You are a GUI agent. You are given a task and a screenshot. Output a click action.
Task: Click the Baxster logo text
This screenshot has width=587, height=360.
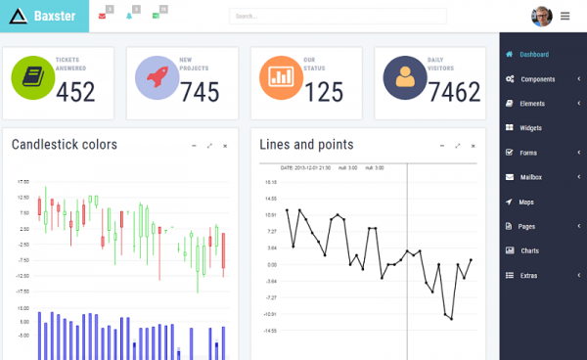pyautogui.click(x=55, y=16)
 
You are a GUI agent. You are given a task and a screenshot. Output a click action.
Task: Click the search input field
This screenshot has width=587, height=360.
pyautogui.click(x=338, y=16)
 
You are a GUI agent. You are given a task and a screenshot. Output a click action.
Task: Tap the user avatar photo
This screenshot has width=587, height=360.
pyautogui.click(x=541, y=16)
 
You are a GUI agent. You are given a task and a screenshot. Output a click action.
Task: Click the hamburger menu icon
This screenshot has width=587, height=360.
pyautogui.click(x=565, y=16)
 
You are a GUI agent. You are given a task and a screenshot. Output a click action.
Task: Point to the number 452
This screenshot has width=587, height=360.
pyautogui.click(x=75, y=92)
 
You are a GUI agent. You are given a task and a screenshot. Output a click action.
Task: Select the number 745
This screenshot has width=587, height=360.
pyautogui.click(x=200, y=92)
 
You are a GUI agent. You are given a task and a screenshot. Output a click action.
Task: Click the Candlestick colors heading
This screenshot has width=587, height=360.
pyautogui.click(x=64, y=145)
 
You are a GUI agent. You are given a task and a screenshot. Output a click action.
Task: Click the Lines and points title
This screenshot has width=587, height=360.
pyautogui.click(x=306, y=145)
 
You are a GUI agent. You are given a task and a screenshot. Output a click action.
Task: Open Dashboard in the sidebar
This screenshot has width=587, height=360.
pyautogui.click(x=534, y=54)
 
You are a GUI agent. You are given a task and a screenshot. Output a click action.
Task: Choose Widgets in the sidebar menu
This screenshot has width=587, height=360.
pyautogui.click(x=531, y=127)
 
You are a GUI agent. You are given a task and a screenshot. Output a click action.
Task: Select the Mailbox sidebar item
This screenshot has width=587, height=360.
pyautogui.click(x=531, y=177)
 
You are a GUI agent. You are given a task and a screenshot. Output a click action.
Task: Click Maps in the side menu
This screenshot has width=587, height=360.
pyautogui.click(x=526, y=202)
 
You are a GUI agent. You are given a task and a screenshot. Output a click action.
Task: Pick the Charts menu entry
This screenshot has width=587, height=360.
pyautogui.click(x=529, y=250)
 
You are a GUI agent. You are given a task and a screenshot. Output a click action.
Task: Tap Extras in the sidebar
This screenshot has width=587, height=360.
pyautogui.click(x=529, y=275)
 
